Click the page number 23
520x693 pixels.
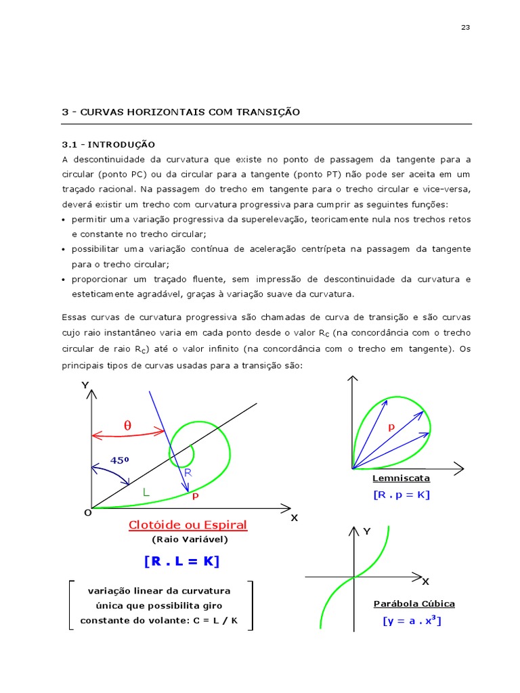pos(465,28)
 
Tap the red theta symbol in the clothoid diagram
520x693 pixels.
pos(127,426)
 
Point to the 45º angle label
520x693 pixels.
pos(119,460)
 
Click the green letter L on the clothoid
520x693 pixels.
pos(146,492)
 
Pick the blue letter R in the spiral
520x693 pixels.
pos(188,472)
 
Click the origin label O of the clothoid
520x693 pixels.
pos(87,513)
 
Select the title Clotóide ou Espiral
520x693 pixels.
pos(188,525)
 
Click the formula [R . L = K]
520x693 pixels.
pos(181,561)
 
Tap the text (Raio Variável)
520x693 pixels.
pos(190,539)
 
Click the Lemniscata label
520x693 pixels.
pos(401,478)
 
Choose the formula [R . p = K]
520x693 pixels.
pos(401,495)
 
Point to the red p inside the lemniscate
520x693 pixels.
pos(391,427)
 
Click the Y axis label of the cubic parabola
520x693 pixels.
pos(367,532)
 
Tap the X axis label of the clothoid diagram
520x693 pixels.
pos(294,518)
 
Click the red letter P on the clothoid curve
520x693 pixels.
pos(194,496)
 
